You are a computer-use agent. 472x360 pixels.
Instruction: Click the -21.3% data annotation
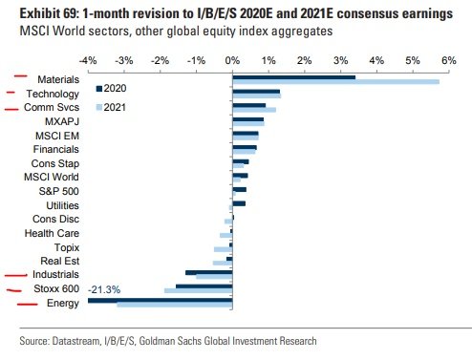coord(104,289)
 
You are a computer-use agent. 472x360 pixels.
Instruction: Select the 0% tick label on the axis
coord(232,60)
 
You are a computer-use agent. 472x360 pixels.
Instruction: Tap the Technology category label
coord(52,95)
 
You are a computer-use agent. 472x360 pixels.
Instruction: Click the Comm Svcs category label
coord(52,109)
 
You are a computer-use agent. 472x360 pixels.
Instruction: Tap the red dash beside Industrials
coord(16,274)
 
